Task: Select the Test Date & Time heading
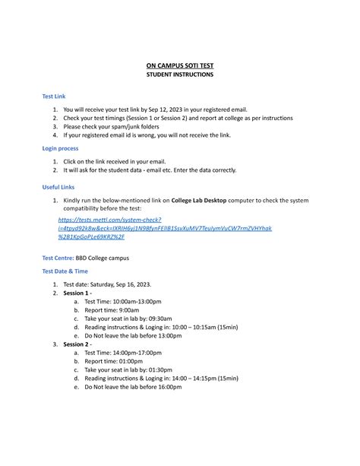pos(65,271)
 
